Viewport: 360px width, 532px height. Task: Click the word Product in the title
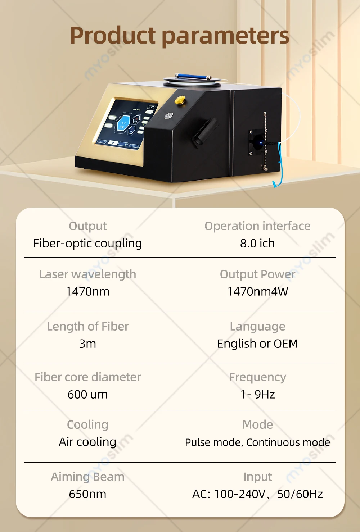[113, 36]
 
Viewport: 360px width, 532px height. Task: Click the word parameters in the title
[225, 36]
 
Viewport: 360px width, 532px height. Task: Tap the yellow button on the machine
[180, 100]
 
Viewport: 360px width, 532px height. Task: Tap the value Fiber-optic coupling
[87, 244]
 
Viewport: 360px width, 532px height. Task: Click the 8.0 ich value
[257, 244]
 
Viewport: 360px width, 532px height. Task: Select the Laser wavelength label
[87, 274]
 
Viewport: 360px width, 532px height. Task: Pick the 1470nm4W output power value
[257, 292]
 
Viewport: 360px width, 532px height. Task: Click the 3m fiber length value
[87, 344]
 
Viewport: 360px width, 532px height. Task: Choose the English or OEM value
[257, 344]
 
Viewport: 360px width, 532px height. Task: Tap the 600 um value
[87, 395]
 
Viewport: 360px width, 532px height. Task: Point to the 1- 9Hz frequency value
[257, 395]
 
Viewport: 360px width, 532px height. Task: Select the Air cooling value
[87, 442]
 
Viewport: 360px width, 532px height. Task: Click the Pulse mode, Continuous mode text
[257, 442]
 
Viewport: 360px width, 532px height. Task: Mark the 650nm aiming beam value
[87, 494]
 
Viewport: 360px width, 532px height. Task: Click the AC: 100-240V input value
[257, 494]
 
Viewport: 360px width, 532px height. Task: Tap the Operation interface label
[257, 226]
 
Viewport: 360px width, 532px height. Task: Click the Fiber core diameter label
[87, 377]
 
